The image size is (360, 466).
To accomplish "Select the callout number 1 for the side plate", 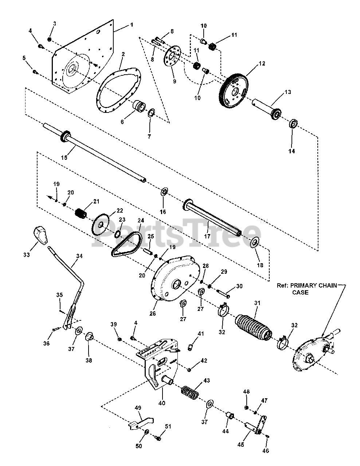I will [131, 25].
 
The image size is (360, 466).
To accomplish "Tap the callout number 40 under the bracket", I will [162, 403].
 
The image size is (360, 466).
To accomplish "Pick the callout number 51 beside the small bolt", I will [168, 427].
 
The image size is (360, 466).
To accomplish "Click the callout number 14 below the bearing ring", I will [292, 151].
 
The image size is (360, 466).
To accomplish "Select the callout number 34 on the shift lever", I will [79, 256].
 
